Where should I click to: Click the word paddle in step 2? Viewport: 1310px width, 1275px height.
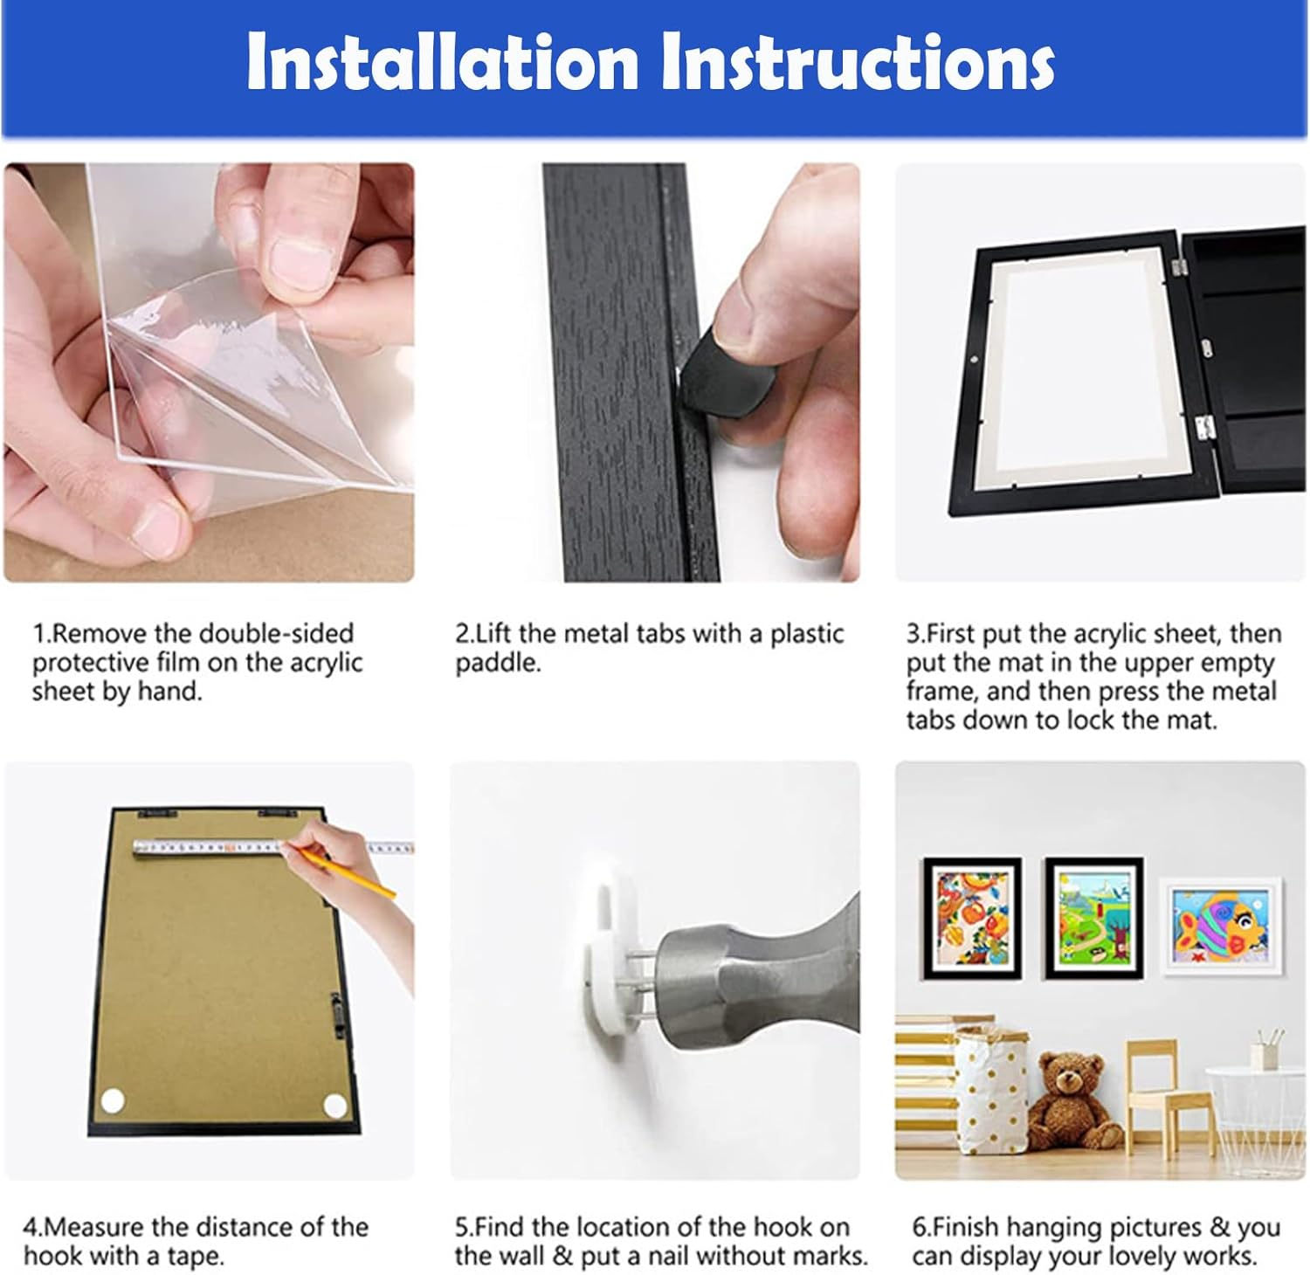pos(497,663)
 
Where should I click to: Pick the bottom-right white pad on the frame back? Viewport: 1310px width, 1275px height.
pos(334,1106)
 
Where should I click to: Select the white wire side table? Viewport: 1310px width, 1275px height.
pos(1254,1109)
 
